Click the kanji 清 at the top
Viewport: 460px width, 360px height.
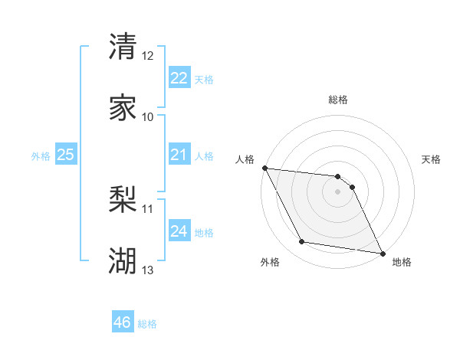[123, 47]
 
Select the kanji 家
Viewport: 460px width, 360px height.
[123, 107]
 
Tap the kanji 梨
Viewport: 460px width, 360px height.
[123, 200]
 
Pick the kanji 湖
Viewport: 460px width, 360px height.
[123, 261]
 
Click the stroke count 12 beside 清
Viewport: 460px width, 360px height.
[148, 56]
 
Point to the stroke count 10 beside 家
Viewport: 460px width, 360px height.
[148, 116]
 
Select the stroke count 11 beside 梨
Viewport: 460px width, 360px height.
[148, 208]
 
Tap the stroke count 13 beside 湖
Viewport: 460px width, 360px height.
[148, 270]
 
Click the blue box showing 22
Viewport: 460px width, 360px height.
[179, 77]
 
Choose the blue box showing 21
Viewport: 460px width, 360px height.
[179, 155]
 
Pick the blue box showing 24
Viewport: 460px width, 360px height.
[179, 231]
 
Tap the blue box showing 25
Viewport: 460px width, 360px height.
[65, 155]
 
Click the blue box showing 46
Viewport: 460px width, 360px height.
[123, 322]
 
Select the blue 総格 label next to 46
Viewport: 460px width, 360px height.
[148, 325]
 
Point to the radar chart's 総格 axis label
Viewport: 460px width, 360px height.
[338, 100]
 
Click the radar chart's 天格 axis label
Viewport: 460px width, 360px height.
[431, 159]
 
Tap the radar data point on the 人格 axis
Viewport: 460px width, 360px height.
[264, 168]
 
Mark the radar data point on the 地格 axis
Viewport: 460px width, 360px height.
[382, 253]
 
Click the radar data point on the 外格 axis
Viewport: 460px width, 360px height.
[301, 243]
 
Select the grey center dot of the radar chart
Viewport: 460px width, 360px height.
[338, 191]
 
